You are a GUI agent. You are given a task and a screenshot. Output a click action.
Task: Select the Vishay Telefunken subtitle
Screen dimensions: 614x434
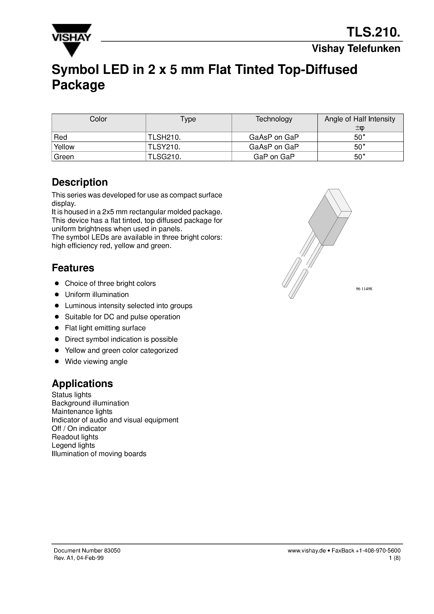[x=356, y=49]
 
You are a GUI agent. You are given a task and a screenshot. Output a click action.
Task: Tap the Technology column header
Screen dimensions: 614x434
[x=274, y=119]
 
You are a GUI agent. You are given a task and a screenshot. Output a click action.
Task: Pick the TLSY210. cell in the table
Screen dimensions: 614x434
[x=164, y=147]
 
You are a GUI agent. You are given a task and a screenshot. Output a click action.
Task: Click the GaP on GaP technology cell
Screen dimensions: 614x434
[x=274, y=157]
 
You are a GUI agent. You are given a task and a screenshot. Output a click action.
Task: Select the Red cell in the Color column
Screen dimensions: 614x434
[x=61, y=137]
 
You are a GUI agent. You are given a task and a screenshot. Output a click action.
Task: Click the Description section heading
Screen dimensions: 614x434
[x=79, y=182]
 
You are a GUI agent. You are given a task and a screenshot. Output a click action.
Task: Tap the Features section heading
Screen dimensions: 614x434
[x=73, y=268]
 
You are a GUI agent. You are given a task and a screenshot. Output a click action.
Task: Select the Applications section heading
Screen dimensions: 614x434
[x=82, y=383]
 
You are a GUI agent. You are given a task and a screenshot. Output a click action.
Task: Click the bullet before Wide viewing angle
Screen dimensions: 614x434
[x=57, y=362]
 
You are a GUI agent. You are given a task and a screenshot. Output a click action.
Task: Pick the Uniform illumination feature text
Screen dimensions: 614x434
[x=97, y=295]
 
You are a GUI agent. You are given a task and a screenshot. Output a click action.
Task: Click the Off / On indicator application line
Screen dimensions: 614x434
[x=79, y=428]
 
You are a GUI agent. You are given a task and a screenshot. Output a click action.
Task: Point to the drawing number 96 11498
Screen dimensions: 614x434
[x=364, y=289]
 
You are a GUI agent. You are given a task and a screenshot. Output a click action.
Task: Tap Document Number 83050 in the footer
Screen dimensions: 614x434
[x=87, y=551]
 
